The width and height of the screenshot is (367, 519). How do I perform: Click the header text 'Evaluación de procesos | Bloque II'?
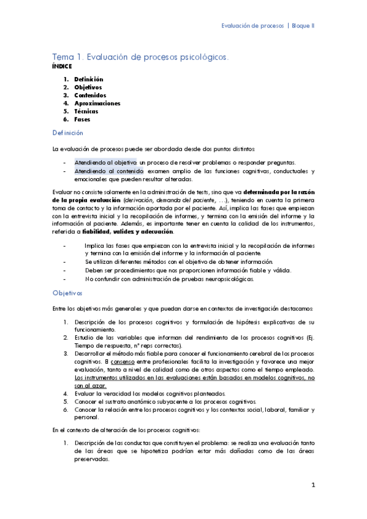(267, 26)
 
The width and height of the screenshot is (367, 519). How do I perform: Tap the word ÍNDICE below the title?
(62, 65)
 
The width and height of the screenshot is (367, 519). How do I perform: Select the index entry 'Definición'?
(88, 80)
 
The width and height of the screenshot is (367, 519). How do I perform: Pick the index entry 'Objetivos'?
(88, 88)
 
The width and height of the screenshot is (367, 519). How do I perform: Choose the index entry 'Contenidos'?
(90, 95)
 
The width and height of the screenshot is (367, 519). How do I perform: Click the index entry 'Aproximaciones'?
(97, 103)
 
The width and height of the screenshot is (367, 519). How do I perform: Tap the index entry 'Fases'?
(82, 119)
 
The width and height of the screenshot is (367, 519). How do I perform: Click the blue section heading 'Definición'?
(67, 133)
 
